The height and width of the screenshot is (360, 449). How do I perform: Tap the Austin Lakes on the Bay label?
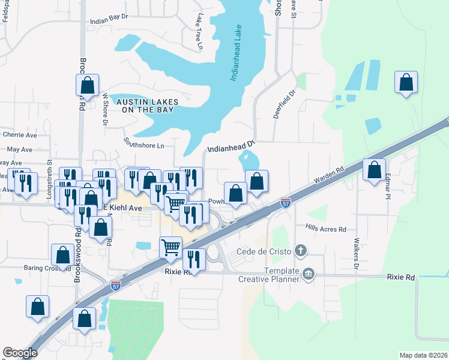pos(145,106)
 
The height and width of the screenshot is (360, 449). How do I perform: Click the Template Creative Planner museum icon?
pos(309,274)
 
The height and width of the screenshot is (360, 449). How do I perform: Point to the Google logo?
pos(20,353)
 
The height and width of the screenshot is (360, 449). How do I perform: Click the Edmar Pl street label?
pos(388,187)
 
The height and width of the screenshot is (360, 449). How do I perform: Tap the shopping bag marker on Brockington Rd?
pos(88,85)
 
